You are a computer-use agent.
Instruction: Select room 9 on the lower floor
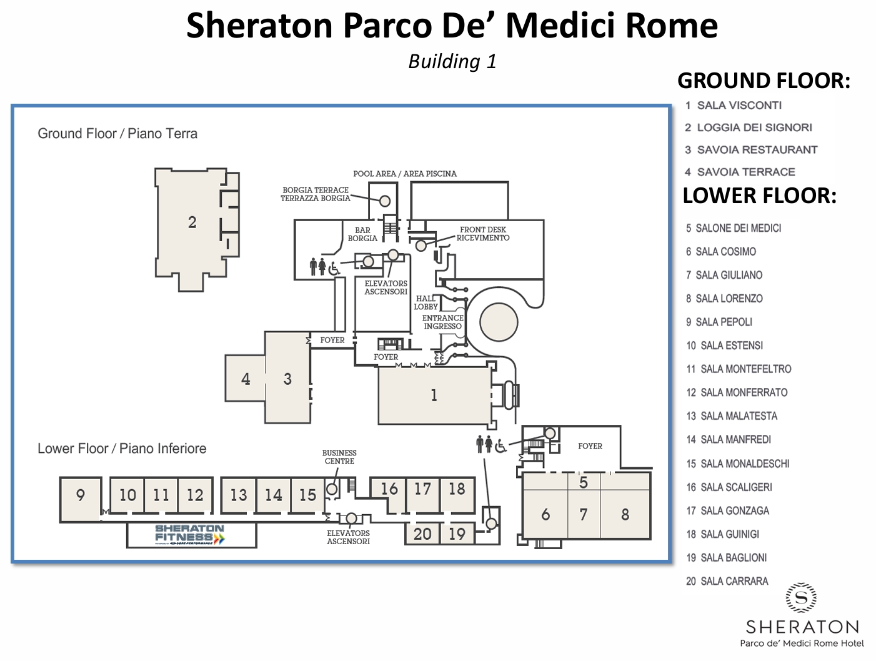pos(80,499)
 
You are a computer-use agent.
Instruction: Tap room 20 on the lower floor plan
pos(422,534)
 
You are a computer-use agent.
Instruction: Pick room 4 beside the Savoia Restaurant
pos(245,378)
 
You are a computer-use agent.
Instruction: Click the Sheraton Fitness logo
pos(190,535)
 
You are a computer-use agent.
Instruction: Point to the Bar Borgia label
pos(362,234)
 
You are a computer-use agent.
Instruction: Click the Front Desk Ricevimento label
pos(483,234)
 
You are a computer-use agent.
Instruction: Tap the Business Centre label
pos(339,457)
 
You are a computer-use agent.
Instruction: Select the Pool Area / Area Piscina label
pos(405,174)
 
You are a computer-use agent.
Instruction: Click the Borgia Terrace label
pos(316,194)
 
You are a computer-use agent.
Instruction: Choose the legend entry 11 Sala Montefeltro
pos(739,369)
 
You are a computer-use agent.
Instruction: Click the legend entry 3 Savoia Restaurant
pos(751,149)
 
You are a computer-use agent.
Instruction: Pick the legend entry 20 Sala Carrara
pos(727,581)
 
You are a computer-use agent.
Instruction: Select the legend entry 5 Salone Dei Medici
pos(734,228)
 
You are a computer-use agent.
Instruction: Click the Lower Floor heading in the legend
pos(759,196)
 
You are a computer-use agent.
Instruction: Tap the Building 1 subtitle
pos(452,61)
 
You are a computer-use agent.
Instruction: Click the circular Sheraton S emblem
pos(801,597)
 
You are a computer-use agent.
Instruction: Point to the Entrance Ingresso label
pos(442,322)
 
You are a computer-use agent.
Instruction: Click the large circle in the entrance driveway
pos(499,322)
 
